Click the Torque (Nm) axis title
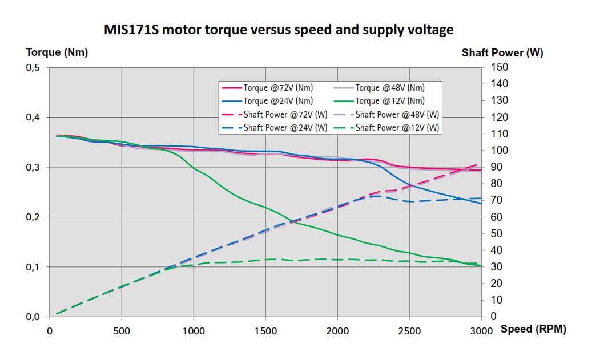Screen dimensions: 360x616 pos(57,52)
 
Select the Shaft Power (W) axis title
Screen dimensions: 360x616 pos(502,52)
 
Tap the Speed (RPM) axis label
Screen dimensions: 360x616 pos(533,330)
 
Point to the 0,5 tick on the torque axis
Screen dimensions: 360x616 pos(33,68)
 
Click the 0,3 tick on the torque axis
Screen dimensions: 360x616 pos(33,168)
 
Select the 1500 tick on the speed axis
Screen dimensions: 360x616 pos(265,331)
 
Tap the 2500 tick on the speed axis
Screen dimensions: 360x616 pos(409,331)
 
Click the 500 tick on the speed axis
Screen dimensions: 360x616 pos(122,331)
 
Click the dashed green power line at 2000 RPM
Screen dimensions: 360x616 pos(337,260)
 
